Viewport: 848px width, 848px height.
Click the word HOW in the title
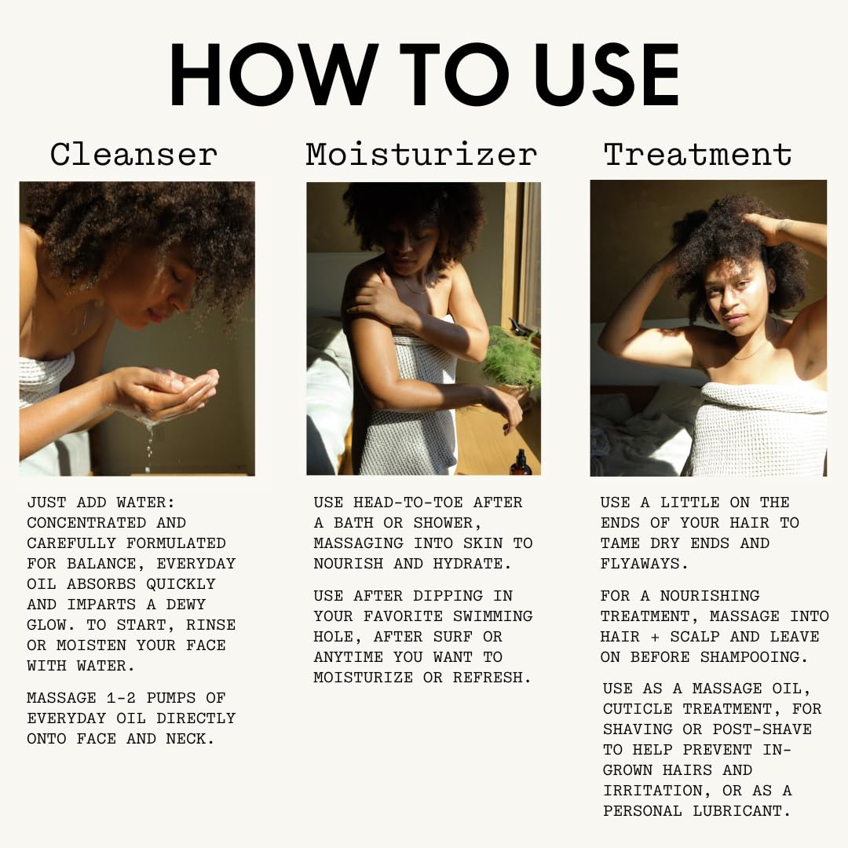pos(274,74)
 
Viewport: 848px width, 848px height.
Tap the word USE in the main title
pos(607,74)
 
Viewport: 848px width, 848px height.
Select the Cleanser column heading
pos(133,155)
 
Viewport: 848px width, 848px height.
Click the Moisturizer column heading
pos(422,155)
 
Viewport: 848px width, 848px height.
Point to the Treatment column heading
pos(698,155)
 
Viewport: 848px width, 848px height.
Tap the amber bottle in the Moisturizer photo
pos(521,463)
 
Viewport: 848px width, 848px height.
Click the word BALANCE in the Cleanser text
pos(105,564)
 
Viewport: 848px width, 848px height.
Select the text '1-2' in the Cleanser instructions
pos(121,698)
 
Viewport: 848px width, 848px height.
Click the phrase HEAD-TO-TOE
pos(408,503)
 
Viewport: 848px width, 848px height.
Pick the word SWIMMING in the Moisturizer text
pos(492,616)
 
